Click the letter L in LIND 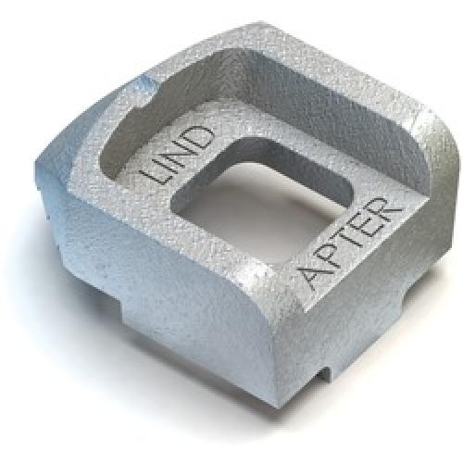click(x=156, y=174)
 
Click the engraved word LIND click(x=178, y=155)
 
